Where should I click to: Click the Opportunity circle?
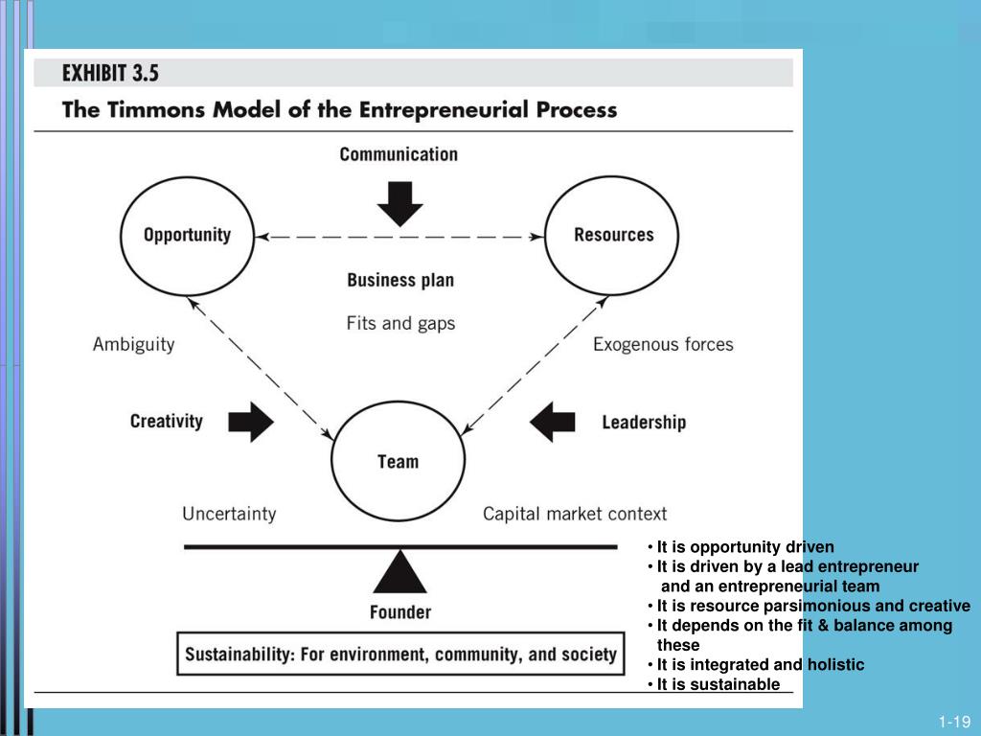click(188, 235)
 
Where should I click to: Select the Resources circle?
click(613, 235)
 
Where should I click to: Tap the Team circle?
click(398, 462)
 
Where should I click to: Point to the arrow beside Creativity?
click(251, 422)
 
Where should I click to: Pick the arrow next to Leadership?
click(554, 422)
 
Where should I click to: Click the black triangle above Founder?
click(399, 573)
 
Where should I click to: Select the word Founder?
click(400, 611)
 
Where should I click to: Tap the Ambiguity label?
click(134, 344)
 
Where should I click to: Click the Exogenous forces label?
click(663, 344)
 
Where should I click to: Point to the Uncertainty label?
click(229, 515)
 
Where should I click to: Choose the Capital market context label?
click(575, 515)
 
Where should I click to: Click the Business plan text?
click(400, 281)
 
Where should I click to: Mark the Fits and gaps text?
click(400, 323)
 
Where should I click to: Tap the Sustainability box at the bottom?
click(400, 655)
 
